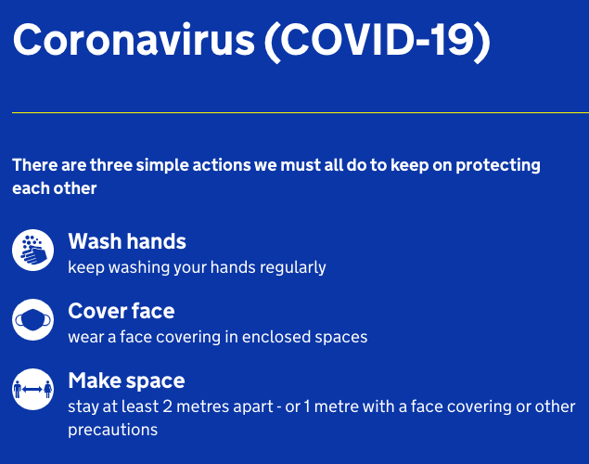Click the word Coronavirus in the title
click(x=134, y=40)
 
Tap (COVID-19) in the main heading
click(x=378, y=42)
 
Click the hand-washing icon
click(x=33, y=250)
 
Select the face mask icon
click(x=33, y=320)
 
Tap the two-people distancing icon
click(x=33, y=389)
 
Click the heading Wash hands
click(x=127, y=241)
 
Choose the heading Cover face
click(x=122, y=311)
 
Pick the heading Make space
click(x=126, y=381)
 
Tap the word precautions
click(x=112, y=431)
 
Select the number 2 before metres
click(x=168, y=406)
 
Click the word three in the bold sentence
click(x=111, y=165)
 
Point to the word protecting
click(x=498, y=166)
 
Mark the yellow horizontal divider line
click(x=301, y=112)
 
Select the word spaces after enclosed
click(x=341, y=338)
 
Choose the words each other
click(x=55, y=188)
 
